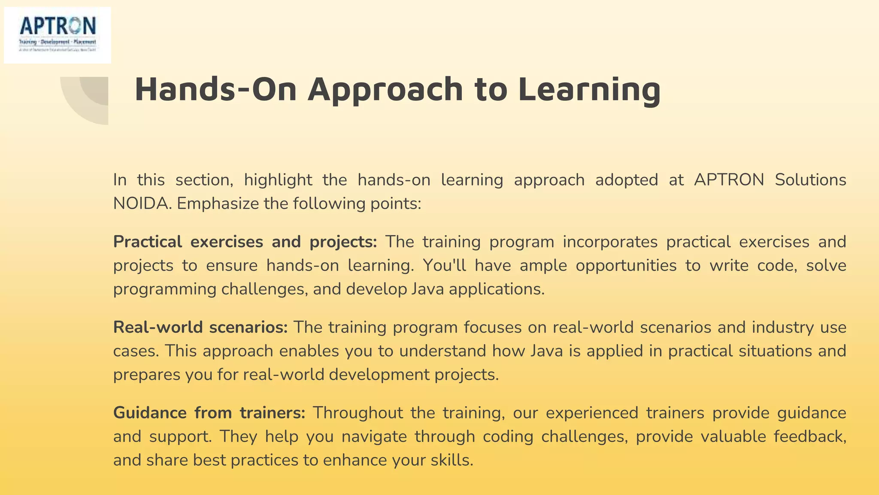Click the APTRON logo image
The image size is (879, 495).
58,35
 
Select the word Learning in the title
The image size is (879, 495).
589,89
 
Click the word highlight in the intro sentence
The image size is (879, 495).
278,180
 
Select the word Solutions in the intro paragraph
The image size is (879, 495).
810,180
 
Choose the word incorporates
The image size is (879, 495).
610,242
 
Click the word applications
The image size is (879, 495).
496,289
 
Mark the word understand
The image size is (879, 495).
443,351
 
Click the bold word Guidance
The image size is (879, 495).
150,413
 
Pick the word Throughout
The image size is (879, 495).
358,413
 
